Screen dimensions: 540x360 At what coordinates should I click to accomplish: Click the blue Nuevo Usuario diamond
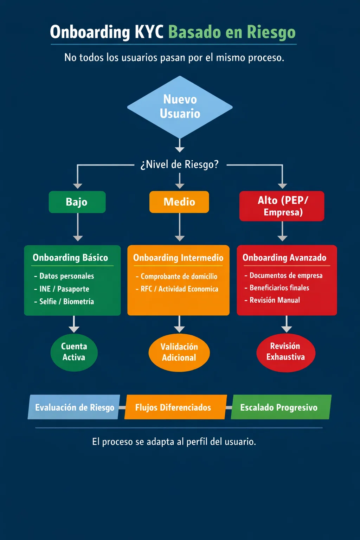point(180,107)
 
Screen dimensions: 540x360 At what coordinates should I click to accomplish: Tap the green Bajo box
point(77,202)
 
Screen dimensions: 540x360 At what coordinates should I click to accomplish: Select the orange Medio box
point(179,202)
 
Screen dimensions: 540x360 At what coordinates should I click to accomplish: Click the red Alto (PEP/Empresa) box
point(282,206)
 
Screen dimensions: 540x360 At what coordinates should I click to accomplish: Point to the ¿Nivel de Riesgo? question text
point(180,165)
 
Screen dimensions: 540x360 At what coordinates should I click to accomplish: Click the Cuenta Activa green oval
point(74,352)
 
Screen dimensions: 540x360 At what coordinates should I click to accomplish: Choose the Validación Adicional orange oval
point(179,352)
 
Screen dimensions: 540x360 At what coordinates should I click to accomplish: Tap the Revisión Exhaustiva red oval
point(285,352)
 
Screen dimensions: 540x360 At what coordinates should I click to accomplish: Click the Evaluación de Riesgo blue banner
point(74,407)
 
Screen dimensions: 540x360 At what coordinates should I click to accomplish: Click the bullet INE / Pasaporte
point(64,289)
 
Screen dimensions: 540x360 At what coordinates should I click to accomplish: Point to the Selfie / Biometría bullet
point(66,302)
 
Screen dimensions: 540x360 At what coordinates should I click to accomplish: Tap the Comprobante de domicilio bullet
point(179,277)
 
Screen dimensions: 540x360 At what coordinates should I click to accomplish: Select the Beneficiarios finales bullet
point(279,288)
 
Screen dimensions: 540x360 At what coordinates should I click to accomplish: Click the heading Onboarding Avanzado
point(284,258)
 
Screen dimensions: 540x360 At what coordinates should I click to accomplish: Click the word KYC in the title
point(149,32)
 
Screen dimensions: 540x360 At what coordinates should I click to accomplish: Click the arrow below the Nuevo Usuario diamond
point(180,146)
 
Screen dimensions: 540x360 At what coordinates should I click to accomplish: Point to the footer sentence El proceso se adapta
point(174,442)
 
